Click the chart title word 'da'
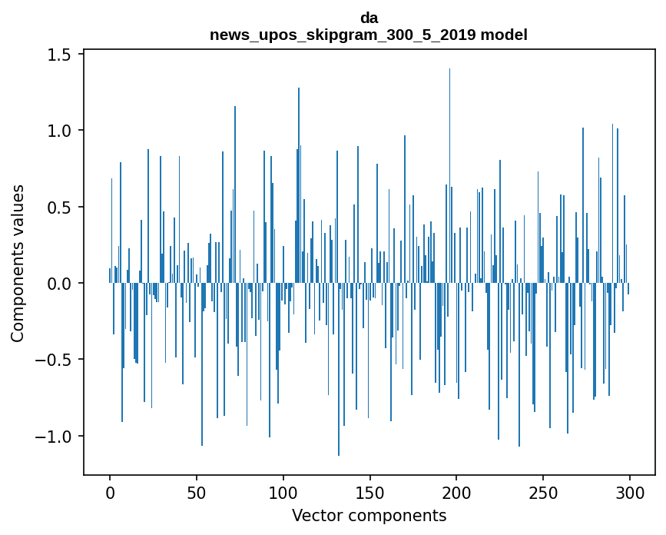(x=369, y=18)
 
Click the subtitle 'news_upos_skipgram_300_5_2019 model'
(x=369, y=35)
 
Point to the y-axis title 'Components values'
(x=18, y=263)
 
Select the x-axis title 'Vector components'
(x=369, y=515)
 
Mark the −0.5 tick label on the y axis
(x=54, y=360)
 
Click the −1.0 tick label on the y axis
(x=54, y=437)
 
